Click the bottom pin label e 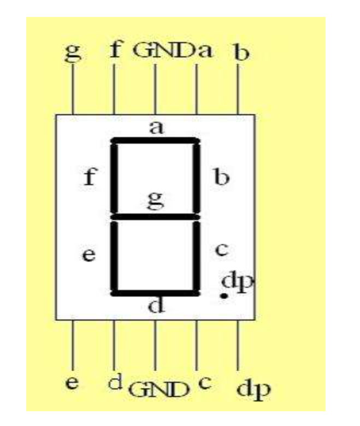[72, 383]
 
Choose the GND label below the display [160, 389]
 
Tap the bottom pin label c [204, 382]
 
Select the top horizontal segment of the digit [156, 141]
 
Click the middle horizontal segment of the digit [156, 217]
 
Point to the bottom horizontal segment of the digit [156, 293]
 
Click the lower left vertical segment [115, 256]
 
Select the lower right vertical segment [196, 256]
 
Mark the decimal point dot [223, 295]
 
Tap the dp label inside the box [238, 282]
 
